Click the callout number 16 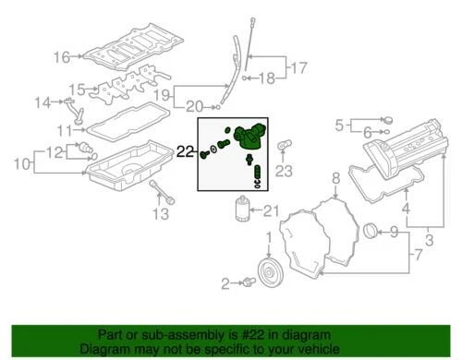[x=60, y=57]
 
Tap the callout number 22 [x=186, y=150]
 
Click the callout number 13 [x=160, y=215]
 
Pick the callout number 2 [x=225, y=282]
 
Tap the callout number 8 [x=336, y=177]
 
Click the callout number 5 [x=339, y=123]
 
